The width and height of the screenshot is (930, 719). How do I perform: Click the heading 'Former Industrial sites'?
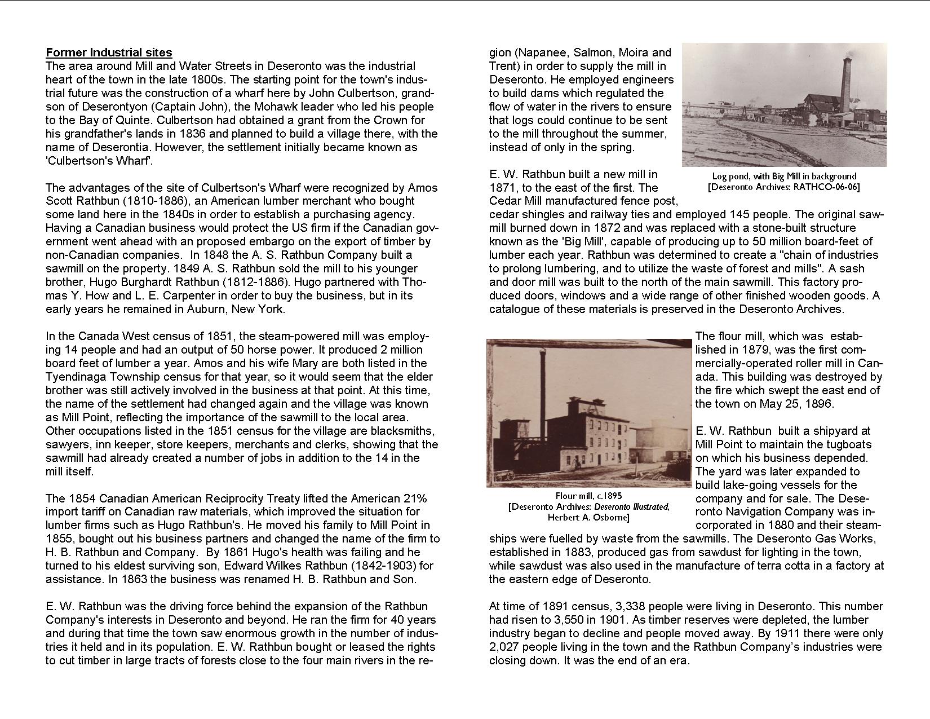[x=109, y=52]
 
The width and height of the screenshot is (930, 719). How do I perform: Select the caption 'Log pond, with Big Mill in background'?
[x=784, y=176]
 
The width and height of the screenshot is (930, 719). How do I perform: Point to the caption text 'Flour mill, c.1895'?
[x=588, y=496]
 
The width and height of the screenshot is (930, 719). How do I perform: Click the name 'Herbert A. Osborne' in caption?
[x=588, y=517]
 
